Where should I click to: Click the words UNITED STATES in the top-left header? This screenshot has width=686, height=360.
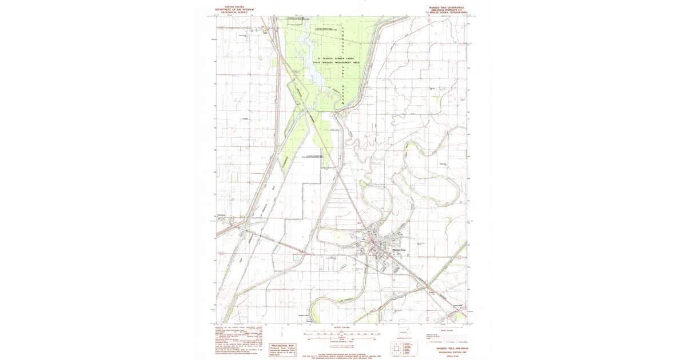coord(233,7)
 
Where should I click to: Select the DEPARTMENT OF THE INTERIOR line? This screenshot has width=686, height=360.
coord(233,10)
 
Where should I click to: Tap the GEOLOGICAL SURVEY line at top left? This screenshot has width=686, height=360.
coord(233,13)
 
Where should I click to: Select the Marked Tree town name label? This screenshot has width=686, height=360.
coord(398,250)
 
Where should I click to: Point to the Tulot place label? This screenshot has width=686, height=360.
coord(265,32)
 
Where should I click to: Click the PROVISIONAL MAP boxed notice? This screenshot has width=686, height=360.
coord(282,349)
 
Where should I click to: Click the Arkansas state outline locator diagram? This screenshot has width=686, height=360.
coord(405,331)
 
